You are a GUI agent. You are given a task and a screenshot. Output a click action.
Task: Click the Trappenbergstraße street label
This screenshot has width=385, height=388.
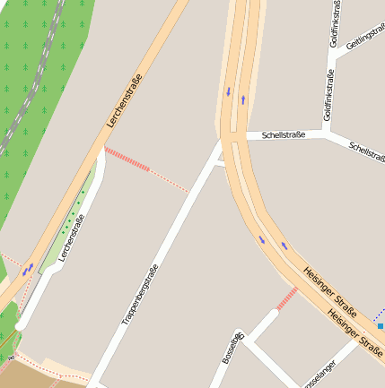tap(140, 295)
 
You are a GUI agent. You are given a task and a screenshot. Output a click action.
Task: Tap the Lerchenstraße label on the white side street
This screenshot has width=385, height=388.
tap(72, 237)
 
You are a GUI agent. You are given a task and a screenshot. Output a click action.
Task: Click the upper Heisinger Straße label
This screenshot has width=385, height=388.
tap(329, 291)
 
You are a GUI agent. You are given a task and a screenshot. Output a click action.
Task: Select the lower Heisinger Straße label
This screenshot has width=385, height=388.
tap(355, 331)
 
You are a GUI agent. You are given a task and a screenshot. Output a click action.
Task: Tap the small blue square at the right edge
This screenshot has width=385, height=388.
tap(381, 326)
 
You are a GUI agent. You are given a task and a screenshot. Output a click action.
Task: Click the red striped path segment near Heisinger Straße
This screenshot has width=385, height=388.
tap(286, 299)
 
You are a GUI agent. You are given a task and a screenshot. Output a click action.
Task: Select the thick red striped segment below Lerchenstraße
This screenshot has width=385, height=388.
tap(127, 160)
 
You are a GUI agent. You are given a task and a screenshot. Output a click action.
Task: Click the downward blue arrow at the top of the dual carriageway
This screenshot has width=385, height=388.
tap(228, 91)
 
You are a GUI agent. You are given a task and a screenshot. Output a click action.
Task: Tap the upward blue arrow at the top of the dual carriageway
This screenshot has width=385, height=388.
tap(242, 99)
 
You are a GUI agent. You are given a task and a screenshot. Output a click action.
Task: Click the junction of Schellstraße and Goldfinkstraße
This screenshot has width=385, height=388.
tap(329, 134)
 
